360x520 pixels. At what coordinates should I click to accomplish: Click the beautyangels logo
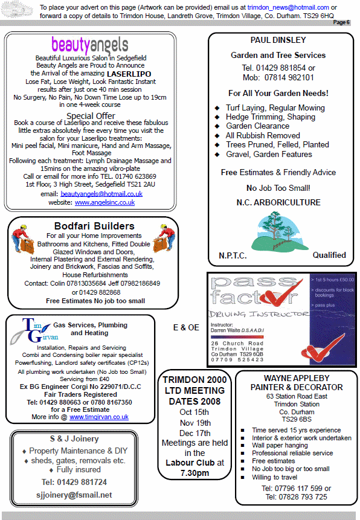pos(89,45)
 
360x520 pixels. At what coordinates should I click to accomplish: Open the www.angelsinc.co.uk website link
pos(104,203)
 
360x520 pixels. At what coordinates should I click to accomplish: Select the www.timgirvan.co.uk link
pos(99,417)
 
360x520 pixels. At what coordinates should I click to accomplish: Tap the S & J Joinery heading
pos(74,438)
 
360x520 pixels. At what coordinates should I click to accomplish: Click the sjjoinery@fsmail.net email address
pos(74,495)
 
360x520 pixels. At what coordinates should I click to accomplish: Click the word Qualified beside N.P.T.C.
pos(329,255)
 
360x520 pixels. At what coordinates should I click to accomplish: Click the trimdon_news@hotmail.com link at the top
pos(288,7)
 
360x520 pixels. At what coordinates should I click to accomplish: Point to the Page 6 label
pos(341,22)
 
